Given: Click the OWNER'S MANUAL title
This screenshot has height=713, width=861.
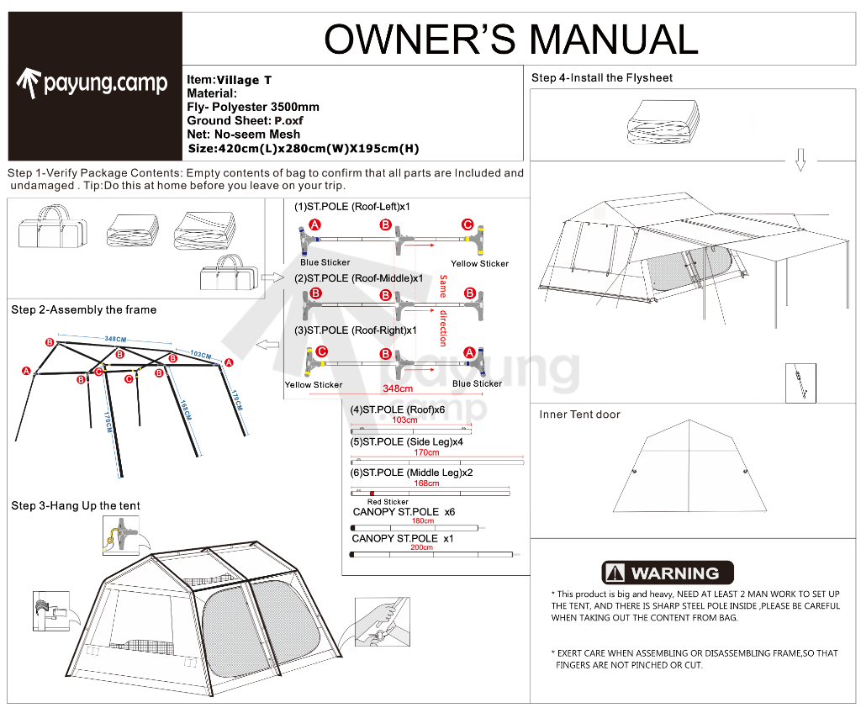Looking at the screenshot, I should pyautogui.click(x=510, y=39).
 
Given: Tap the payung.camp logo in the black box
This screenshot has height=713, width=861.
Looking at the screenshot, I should pyautogui.click(x=92, y=82).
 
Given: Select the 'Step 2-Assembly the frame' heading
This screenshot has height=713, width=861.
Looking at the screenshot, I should pyautogui.click(x=84, y=310).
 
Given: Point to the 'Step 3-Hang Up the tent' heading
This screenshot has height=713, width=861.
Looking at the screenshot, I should pyautogui.click(x=76, y=506).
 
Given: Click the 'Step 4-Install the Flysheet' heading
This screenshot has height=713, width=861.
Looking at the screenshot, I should pyautogui.click(x=602, y=78).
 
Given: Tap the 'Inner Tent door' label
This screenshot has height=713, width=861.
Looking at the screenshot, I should pyautogui.click(x=579, y=415).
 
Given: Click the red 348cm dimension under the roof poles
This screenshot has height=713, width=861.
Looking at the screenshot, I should pyautogui.click(x=398, y=388).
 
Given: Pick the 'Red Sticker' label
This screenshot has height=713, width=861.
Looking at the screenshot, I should pyautogui.click(x=388, y=502).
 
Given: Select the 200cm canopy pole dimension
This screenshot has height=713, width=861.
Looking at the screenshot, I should pyautogui.click(x=423, y=547).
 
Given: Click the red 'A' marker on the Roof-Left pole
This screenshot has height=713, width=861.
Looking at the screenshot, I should pyautogui.click(x=314, y=225).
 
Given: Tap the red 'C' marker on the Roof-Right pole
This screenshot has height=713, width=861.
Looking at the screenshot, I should pyautogui.click(x=321, y=352).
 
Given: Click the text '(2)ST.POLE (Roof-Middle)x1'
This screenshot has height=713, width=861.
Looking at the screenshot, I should pyautogui.click(x=358, y=278).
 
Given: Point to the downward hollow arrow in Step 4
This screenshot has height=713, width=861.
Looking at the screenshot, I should pyautogui.click(x=800, y=160).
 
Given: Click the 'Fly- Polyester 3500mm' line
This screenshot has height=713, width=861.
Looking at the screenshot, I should pyautogui.click(x=253, y=108).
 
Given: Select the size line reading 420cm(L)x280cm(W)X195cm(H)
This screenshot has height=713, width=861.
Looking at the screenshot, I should pyautogui.click(x=304, y=149).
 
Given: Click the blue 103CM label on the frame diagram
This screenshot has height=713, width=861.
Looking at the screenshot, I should pyautogui.click(x=200, y=354).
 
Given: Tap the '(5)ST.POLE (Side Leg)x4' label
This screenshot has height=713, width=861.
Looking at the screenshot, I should pyautogui.click(x=406, y=442).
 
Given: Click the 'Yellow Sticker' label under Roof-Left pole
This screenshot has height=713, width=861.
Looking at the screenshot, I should pyautogui.click(x=479, y=264).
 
